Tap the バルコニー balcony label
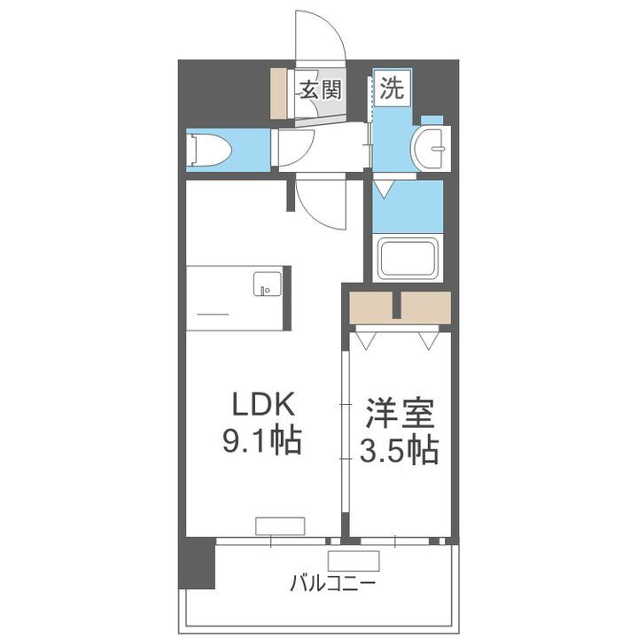(x=332, y=585)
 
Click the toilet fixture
(x=209, y=149)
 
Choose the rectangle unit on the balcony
(x=354, y=560)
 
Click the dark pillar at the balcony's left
(x=196, y=562)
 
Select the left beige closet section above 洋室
(x=371, y=307)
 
